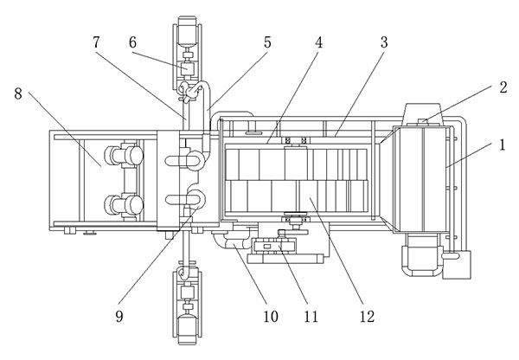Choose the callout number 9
tap(119, 316)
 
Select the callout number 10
tap(271, 316)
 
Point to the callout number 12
tap(367, 316)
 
